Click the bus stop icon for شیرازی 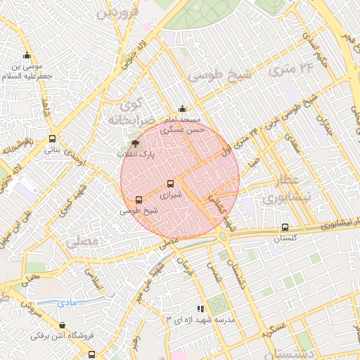[170, 184]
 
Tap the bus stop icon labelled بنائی [53, 139]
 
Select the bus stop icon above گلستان [284, 227]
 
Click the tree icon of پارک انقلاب [136, 143]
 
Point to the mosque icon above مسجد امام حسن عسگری [183, 108]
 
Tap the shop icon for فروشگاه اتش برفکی [63, 325]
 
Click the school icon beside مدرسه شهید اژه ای [201, 309]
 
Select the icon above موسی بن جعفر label [27, 56]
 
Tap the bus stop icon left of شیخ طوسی [139, 200]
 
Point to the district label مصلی [84, 242]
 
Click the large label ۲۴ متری [295, 68]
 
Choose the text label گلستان [286, 239]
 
